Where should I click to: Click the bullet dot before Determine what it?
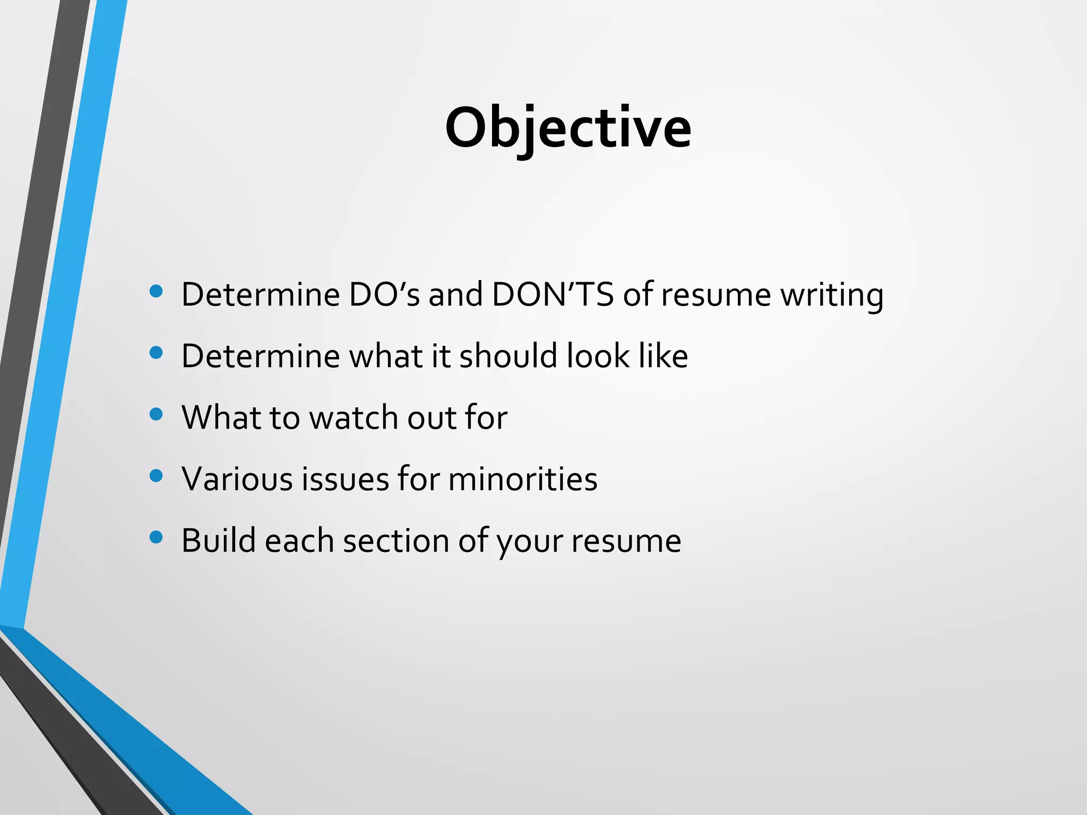156,352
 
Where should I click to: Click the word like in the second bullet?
663,356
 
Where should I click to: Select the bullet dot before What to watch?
156,414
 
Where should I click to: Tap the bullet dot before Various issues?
156,475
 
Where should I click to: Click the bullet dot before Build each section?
156,537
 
